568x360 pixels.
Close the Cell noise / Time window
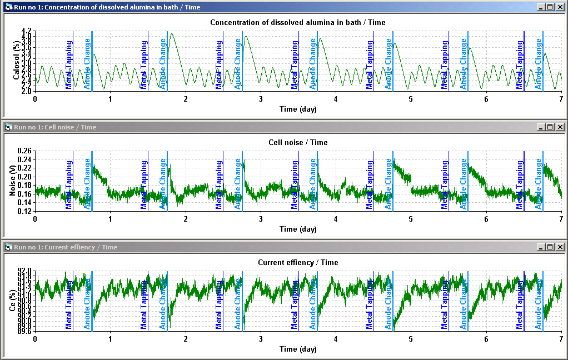pyautogui.click(x=560, y=127)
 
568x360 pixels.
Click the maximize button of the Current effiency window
pyautogui.click(x=550, y=247)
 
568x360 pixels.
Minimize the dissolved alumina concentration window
pyautogui.click(x=541, y=7)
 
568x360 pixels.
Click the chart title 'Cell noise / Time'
pyautogui.click(x=298, y=142)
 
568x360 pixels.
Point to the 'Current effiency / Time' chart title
pyautogui.click(x=298, y=262)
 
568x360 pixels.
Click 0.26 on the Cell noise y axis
pyautogui.click(x=24, y=151)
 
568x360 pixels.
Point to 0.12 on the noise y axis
pyautogui.click(x=24, y=212)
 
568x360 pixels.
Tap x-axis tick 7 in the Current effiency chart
pyautogui.click(x=561, y=339)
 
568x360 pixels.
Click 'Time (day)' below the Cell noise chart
pyautogui.click(x=298, y=229)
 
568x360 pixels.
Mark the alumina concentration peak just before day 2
pyautogui.click(x=172, y=34)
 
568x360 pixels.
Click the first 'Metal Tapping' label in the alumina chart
pyautogui.click(x=69, y=64)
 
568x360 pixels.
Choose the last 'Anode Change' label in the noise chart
pyautogui.click(x=539, y=184)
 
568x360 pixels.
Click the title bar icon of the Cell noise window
pyautogui.click(x=8, y=127)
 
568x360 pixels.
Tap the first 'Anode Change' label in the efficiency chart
pyautogui.click(x=87, y=303)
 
